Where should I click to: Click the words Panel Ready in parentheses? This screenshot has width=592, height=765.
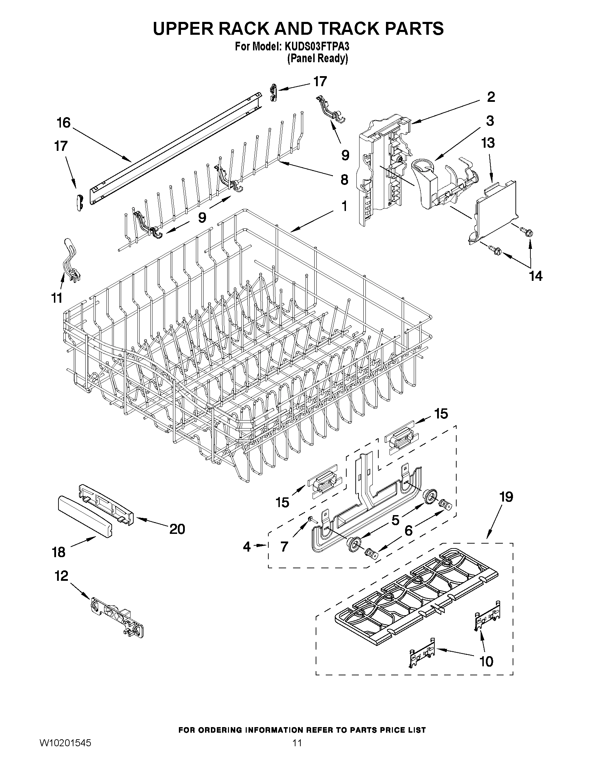[318, 58]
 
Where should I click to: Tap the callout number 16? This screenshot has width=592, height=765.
[64, 123]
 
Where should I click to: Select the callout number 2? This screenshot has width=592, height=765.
[491, 97]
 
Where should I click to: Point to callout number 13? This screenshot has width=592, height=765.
[488, 143]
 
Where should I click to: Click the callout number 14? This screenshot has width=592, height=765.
[536, 276]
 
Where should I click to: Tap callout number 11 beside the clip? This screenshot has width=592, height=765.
[57, 298]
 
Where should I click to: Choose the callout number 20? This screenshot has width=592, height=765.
[177, 529]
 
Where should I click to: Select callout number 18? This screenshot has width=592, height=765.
[58, 552]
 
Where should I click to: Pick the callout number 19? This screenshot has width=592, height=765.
[506, 497]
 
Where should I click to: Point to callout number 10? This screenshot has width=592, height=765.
[487, 661]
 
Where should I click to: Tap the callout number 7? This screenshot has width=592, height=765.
[284, 546]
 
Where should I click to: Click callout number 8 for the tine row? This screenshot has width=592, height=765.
[345, 180]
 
